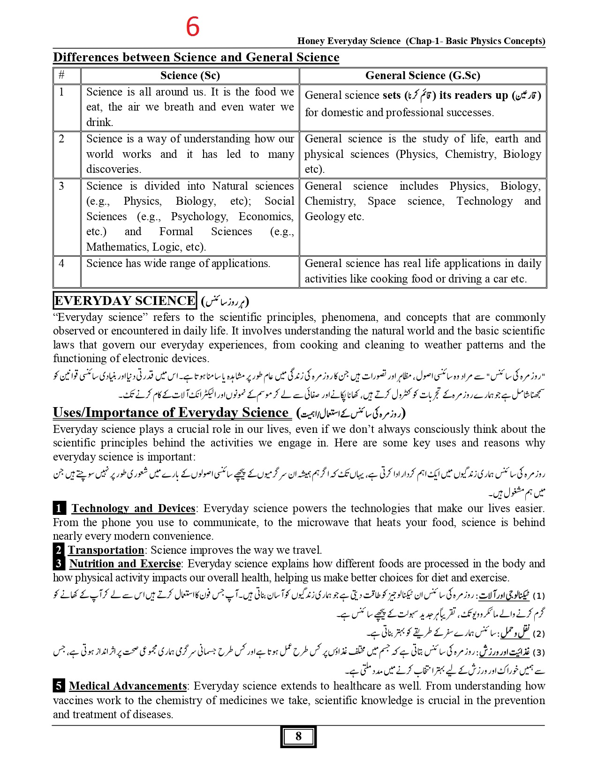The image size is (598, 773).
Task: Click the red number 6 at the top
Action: [x=193, y=27]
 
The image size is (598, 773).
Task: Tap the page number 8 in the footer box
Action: [x=298, y=736]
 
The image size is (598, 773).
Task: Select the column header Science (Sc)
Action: [x=190, y=76]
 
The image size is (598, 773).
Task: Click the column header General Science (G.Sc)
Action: [x=423, y=76]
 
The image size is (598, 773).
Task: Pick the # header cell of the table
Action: [x=61, y=76]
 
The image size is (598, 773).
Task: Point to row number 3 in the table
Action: [x=61, y=186]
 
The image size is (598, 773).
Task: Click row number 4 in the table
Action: [x=61, y=263]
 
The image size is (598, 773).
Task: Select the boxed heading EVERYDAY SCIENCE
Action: [x=125, y=301]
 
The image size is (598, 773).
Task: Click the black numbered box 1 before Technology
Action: [x=59, y=509]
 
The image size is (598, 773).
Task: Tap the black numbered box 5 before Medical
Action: [x=59, y=686]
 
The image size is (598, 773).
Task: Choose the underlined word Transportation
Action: [x=106, y=550]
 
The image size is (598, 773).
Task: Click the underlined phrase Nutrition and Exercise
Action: [x=125, y=564]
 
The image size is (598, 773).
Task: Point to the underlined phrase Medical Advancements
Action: [x=128, y=686]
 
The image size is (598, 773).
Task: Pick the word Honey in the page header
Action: [x=311, y=41]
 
